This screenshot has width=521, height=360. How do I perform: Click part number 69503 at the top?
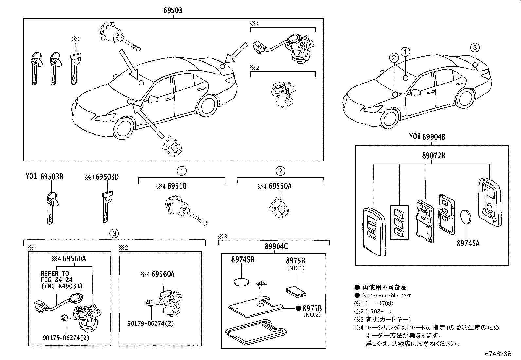pyautogui.click(x=173, y=10)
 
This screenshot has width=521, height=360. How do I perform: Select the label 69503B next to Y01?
pyautogui.click(x=52, y=177)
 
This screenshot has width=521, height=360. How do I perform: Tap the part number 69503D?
pyautogui.click(x=107, y=177)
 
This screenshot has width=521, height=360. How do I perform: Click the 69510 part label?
pyautogui.click(x=177, y=186)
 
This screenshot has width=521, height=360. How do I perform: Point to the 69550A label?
pyautogui.click(x=280, y=186)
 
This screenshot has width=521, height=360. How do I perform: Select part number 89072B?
pyautogui.click(x=434, y=156)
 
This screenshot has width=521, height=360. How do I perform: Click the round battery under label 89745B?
pyautogui.click(x=242, y=282)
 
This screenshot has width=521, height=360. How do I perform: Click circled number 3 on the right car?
pyautogui.click(x=475, y=47)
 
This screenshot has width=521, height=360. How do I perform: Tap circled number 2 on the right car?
pyautogui.click(x=394, y=58)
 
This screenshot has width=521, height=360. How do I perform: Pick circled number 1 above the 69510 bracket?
pyautogui.click(x=182, y=171)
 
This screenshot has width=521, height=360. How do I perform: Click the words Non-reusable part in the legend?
pyautogui.click(x=386, y=295)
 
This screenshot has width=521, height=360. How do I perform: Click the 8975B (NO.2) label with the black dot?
pyautogui.click(x=312, y=309)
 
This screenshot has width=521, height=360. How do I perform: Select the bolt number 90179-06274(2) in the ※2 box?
pyautogui.click(x=151, y=324)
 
